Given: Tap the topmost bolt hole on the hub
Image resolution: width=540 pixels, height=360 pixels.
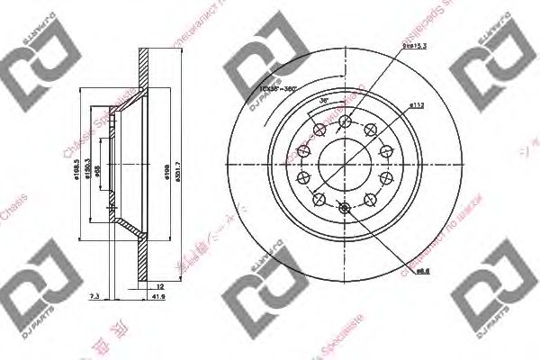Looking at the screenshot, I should tap(346, 120).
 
